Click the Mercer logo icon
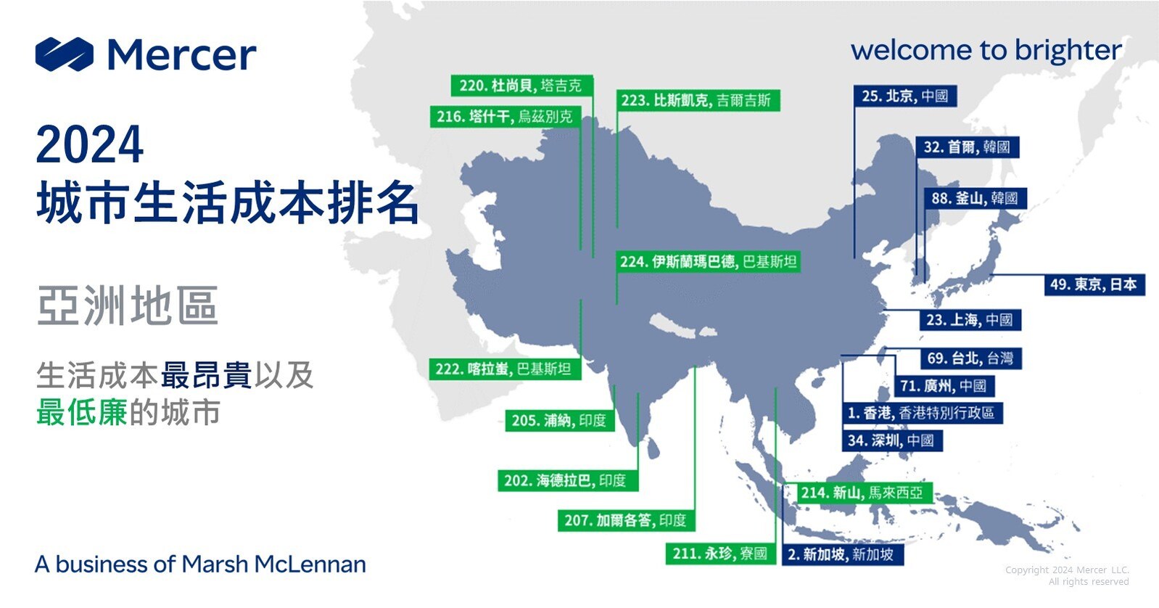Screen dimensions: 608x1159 point(65,54)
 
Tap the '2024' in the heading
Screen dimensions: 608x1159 point(89,145)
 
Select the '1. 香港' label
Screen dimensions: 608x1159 point(922,413)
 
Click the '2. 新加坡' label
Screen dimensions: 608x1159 point(841,554)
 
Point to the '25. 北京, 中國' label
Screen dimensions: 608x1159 point(904,96)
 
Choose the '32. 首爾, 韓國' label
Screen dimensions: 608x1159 point(967,147)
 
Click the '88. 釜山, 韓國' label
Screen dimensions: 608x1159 point(975,198)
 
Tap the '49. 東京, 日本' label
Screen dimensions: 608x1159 point(1093,284)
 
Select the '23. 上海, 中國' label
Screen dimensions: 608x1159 point(969,320)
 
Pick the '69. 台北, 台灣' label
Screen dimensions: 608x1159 point(970,358)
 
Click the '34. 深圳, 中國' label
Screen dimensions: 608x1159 point(891,440)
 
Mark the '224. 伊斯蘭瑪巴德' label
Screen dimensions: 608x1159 point(708,262)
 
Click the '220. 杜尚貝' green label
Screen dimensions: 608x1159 point(521,86)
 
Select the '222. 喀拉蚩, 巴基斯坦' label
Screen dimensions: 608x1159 point(503,369)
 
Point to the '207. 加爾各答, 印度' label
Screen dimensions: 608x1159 point(625,520)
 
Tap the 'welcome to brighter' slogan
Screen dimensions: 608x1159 point(986,51)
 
